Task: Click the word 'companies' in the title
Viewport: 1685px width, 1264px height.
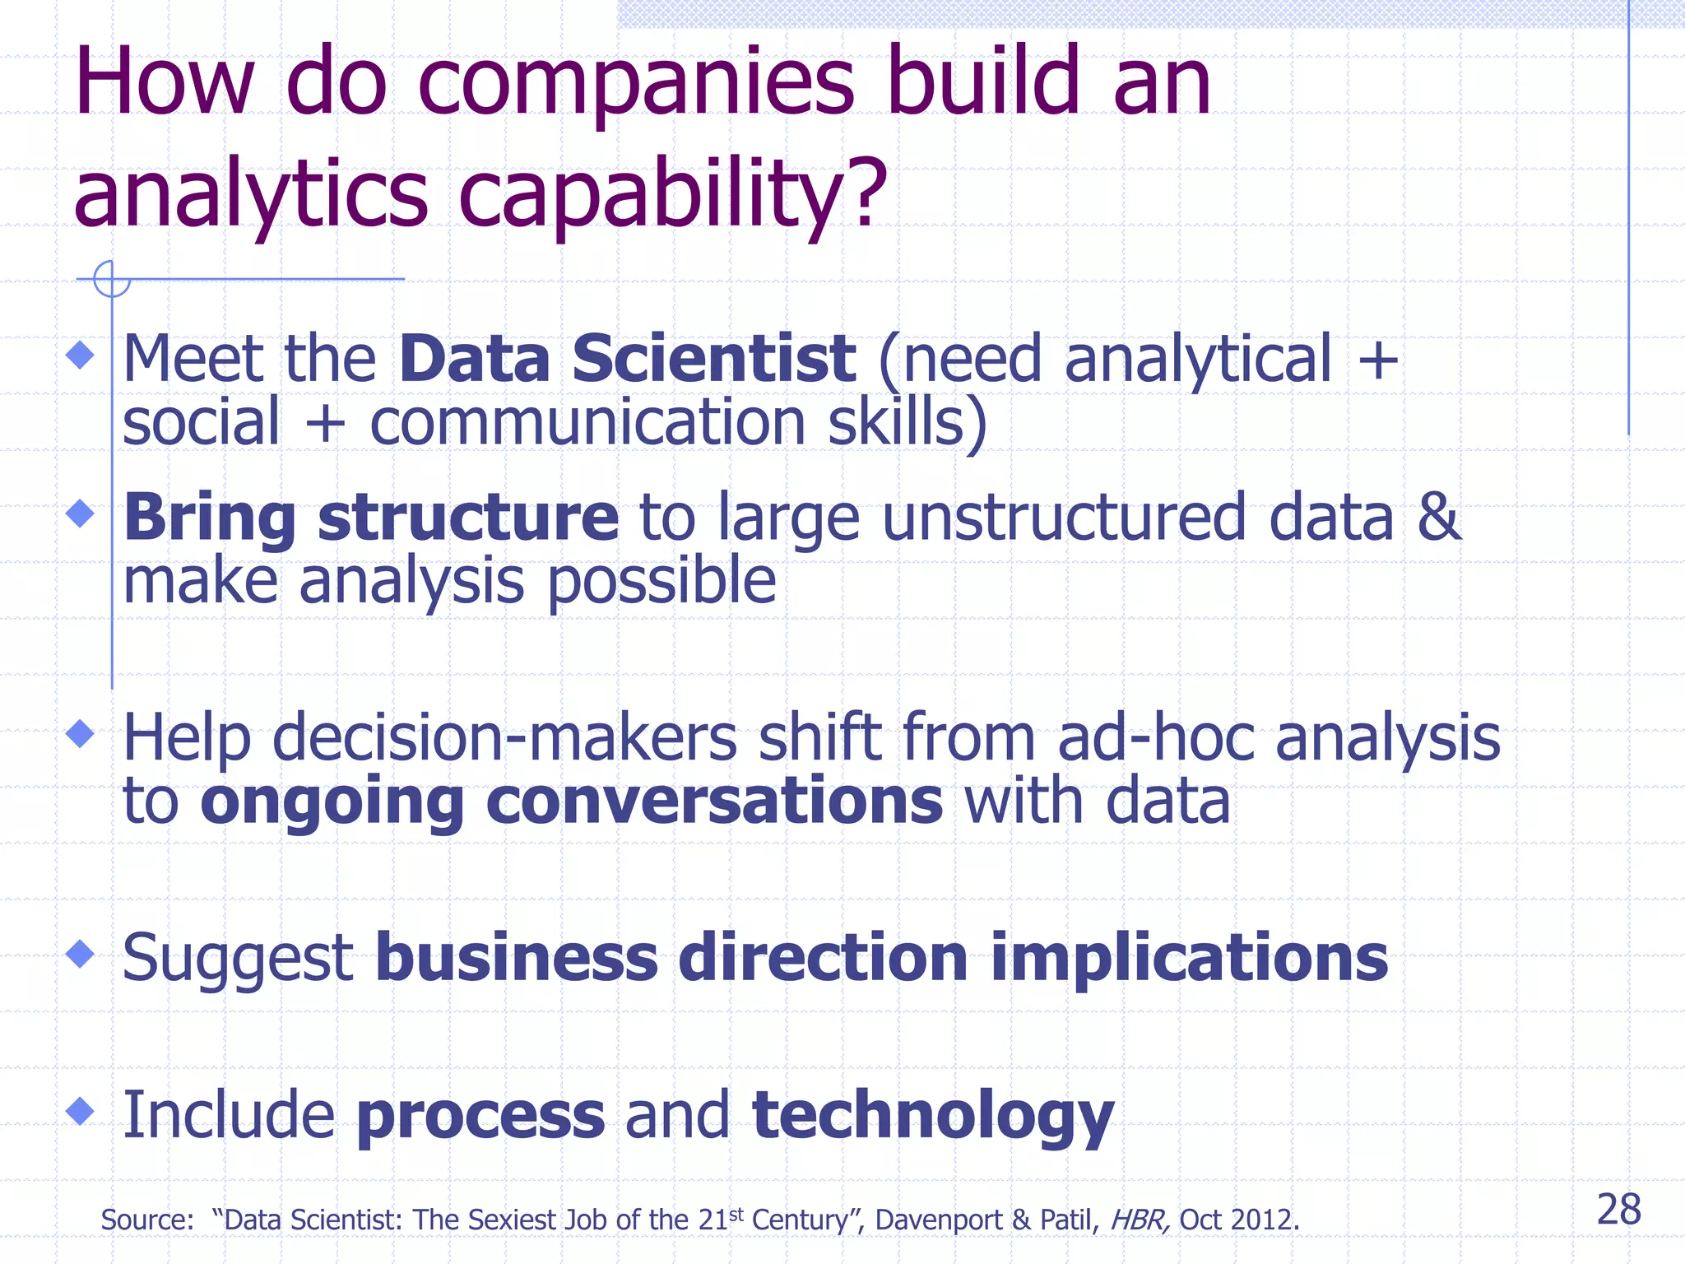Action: [636, 82]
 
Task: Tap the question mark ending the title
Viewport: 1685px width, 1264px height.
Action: [869, 193]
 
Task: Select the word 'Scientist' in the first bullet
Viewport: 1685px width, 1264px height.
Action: [713, 359]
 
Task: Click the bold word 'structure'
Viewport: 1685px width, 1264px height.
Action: [468, 517]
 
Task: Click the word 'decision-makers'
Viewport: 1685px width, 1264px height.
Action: [504, 737]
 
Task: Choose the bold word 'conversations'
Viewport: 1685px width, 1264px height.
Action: [714, 801]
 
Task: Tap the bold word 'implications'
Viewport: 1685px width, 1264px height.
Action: [1189, 958]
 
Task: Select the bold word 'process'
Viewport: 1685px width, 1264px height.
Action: [480, 1116]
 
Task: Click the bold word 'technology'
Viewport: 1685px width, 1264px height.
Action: [933, 1116]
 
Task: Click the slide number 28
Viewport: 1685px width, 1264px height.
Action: [1618, 1211]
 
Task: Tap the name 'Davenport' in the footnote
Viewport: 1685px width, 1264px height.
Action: [939, 1220]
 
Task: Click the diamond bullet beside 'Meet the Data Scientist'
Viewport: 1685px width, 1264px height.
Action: [80, 355]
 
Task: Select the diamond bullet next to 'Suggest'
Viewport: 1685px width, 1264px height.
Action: [80, 955]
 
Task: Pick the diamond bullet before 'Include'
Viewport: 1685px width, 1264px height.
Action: [80, 1111]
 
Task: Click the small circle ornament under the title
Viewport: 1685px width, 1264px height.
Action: [111, 279]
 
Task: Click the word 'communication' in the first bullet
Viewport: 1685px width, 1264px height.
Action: [587, 422]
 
